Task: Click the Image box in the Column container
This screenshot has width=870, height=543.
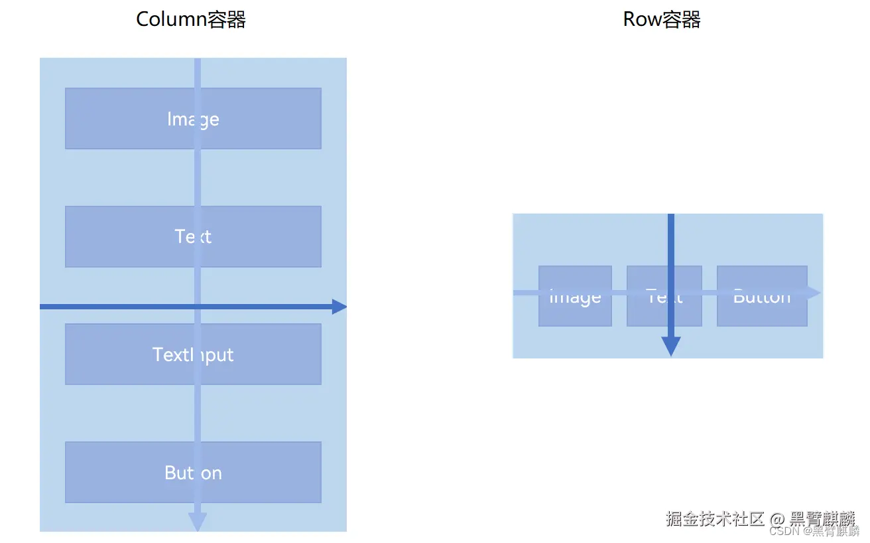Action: (x=133, y=118)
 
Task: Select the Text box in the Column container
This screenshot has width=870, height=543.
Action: (x=133, y=236)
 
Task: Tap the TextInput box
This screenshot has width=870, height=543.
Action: (x=133, y=354)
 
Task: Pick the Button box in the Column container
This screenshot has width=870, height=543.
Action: (x=133, y=472)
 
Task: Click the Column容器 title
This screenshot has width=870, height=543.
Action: (x=191, y=19)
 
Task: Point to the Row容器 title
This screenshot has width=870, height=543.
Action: (x=662, y=19)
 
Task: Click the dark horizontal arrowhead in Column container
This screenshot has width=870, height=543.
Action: (x=340, y=307)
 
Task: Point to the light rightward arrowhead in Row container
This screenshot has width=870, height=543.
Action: (x=814, y=293)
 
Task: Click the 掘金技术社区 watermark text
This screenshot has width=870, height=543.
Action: (x=715, y=518)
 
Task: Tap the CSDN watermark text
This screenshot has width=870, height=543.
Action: (x=784, y=531)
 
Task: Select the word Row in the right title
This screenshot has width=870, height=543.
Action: (x=643, y=19)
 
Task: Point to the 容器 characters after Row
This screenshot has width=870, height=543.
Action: (x=682, y=19)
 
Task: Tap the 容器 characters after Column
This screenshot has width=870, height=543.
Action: (x=226, y=19)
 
